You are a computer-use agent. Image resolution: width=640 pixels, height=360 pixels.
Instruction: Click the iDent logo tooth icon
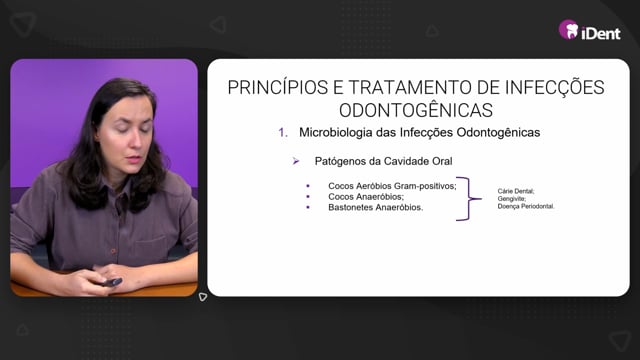[x=569, y=29]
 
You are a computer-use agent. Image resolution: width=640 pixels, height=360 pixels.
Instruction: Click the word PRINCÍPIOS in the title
[x=278, y=87]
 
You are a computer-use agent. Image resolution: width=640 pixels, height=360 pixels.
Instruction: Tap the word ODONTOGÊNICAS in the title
[x=416, y=110]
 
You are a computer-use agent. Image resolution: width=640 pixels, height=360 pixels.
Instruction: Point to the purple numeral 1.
[x=283, y=132]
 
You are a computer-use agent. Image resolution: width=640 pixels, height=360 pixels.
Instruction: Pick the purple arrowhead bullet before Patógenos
[x=296, y=161]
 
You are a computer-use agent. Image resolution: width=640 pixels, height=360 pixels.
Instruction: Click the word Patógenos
[x=340, y=161]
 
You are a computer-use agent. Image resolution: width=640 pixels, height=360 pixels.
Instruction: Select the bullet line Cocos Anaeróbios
[x=366, y=197]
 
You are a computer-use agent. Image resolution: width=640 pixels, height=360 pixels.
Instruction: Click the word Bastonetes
[x=350, y=207]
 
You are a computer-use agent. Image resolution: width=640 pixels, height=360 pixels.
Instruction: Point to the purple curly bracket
[x=468, y=199]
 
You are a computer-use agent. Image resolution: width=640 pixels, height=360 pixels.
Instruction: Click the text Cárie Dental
[x=516, y=191]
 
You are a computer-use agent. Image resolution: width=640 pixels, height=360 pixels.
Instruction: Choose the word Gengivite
[x=511, y=199]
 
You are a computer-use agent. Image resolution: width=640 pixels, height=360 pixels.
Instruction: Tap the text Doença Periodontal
[x=526, y=207]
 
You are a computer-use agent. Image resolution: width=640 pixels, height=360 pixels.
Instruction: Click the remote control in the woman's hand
[x=111, y=282]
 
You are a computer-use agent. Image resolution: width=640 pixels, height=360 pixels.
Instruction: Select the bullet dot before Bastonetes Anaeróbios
[x=308, y=207]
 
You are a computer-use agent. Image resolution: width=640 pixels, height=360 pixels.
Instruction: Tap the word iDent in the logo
[x=601, y=33]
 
